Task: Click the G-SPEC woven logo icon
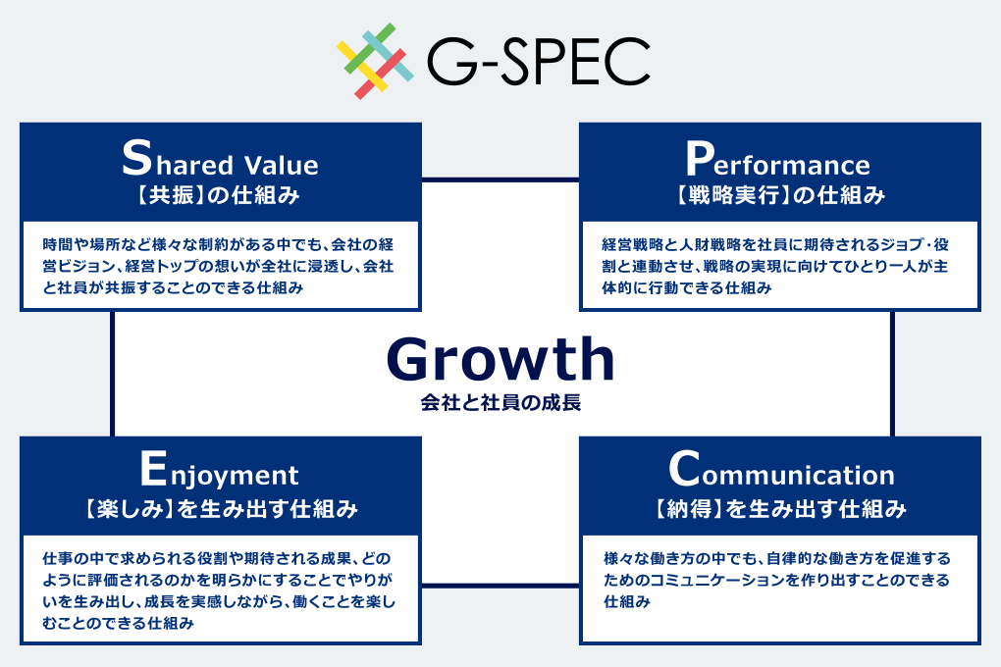375,61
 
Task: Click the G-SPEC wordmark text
538,61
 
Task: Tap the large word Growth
500,359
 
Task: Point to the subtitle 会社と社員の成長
500,403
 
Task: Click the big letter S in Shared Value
136,157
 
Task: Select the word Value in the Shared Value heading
281,166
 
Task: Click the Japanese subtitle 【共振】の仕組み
218,194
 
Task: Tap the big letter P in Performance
699,158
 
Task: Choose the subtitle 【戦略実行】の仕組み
780,194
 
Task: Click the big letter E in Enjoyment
153,469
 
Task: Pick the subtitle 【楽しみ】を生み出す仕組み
220,509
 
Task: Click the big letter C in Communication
684,469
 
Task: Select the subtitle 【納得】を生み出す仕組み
780,509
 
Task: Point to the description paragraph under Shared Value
218,266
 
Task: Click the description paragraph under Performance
775,266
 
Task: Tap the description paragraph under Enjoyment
219,590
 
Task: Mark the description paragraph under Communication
777,580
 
